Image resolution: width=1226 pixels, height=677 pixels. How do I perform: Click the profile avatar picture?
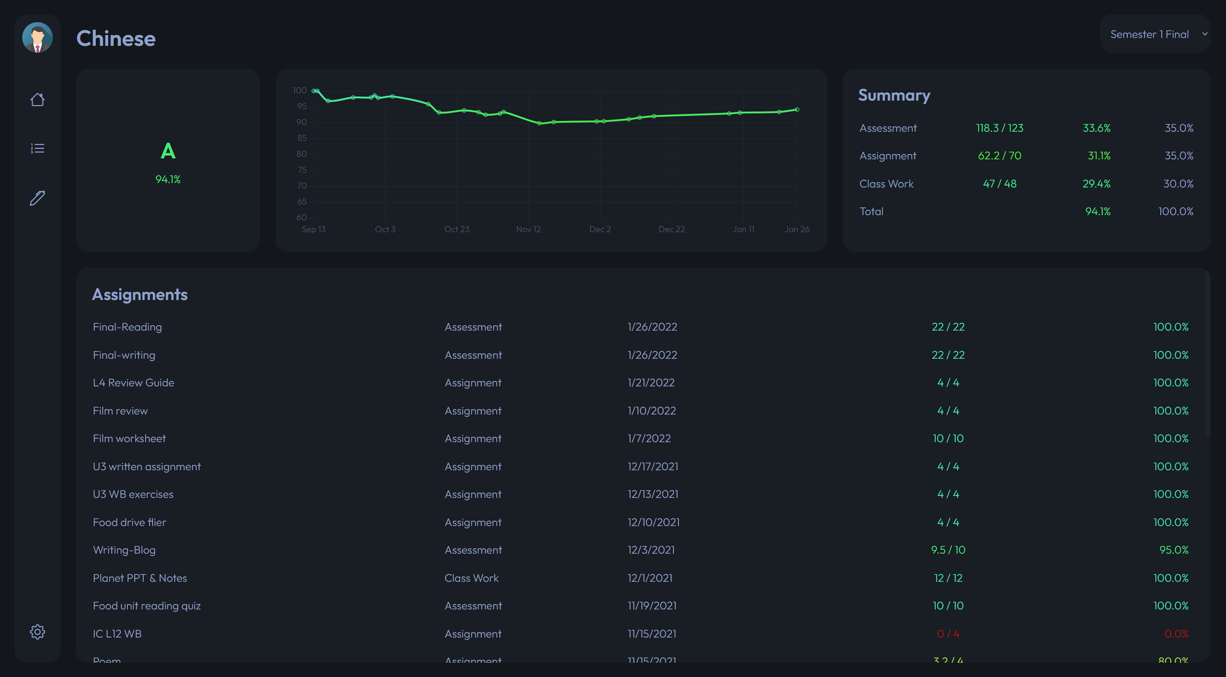pyautogui.click(x=37, y=37)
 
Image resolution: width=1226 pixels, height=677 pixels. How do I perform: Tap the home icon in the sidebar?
pyautogui.click(x=37, y=100)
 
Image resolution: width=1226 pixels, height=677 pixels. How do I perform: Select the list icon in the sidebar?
pyautogui.click(x=37, y=149)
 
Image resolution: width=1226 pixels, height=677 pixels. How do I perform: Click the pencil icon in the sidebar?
pyautogui.click(x=37, y=198)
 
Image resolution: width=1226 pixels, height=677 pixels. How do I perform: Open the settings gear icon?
pyautogui.click(x=37, y=632)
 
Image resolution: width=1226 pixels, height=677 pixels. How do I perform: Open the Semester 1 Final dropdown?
pyautogui.click(x=1155, y=34)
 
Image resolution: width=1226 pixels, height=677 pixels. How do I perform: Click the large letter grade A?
pyautogui.click(x=168, y=152)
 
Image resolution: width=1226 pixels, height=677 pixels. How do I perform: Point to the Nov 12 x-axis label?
pyautogui.click(x=528, y=229)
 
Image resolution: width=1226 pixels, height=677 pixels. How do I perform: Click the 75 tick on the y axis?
pyautogui.click(x=302, y=170)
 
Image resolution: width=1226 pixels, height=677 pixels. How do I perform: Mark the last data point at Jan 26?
pyautogui.click(x=797, y=110)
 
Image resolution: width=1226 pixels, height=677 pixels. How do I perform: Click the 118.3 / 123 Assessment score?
pyautogui.click(x=999, y=128)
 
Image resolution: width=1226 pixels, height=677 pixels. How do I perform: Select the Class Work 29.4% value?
pyautogui.click(x=1096, y=184)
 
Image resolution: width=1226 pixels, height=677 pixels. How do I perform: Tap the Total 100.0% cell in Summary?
pyautogui.click(x=1175, y=211)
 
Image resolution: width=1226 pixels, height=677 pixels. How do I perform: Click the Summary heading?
pyautogui.click(x=894, y=95)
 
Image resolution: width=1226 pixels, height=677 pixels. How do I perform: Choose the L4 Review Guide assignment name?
pyautogui.click(x=133, y=382)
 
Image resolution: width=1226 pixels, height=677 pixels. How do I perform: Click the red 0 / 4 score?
pyautogui.click(x=948, y=634)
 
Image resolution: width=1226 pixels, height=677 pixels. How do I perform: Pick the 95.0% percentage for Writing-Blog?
pyautogui.click(x=1173, y=550)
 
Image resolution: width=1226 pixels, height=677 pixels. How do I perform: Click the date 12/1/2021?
pyautogui.click(x=650, y=578)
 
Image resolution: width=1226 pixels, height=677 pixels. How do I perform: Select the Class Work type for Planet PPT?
pyautogui.click(x=471, y=578)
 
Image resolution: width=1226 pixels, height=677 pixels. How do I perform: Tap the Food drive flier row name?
pyautogui.click(x=129, y=522)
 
